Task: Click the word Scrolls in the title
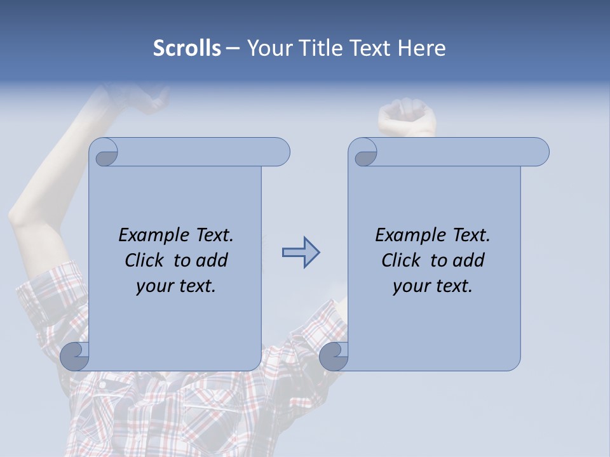pos(187,48)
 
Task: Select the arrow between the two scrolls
pos(301,253)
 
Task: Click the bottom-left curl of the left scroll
pos(75,355)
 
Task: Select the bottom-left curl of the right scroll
pos(334,355)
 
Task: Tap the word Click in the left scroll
pos(144,260)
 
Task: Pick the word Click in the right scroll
pos(400,260)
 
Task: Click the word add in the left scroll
pos(212,260)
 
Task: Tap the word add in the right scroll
pos(469,260)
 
